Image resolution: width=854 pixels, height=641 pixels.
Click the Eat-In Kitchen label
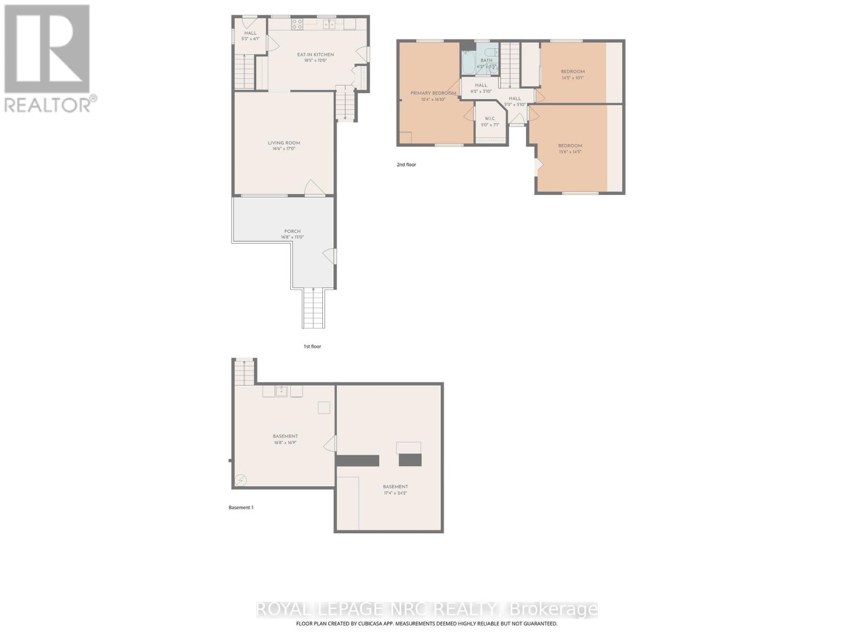315,54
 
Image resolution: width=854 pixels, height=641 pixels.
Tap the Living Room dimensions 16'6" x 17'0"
284,149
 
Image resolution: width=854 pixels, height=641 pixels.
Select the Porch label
292,231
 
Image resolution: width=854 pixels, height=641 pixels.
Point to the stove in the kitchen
297,24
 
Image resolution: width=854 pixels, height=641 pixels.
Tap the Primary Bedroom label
433,93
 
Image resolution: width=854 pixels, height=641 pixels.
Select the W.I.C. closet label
490,119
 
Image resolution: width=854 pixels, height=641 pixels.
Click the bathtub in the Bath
468,63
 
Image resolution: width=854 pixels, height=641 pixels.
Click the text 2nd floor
406,165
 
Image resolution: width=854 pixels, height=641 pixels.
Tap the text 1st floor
312,347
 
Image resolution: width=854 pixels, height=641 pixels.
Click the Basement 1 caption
241,507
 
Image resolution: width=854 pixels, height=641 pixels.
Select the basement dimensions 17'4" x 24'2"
395,493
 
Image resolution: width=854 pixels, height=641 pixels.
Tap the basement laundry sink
281,392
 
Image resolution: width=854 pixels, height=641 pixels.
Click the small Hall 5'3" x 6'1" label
250,33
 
